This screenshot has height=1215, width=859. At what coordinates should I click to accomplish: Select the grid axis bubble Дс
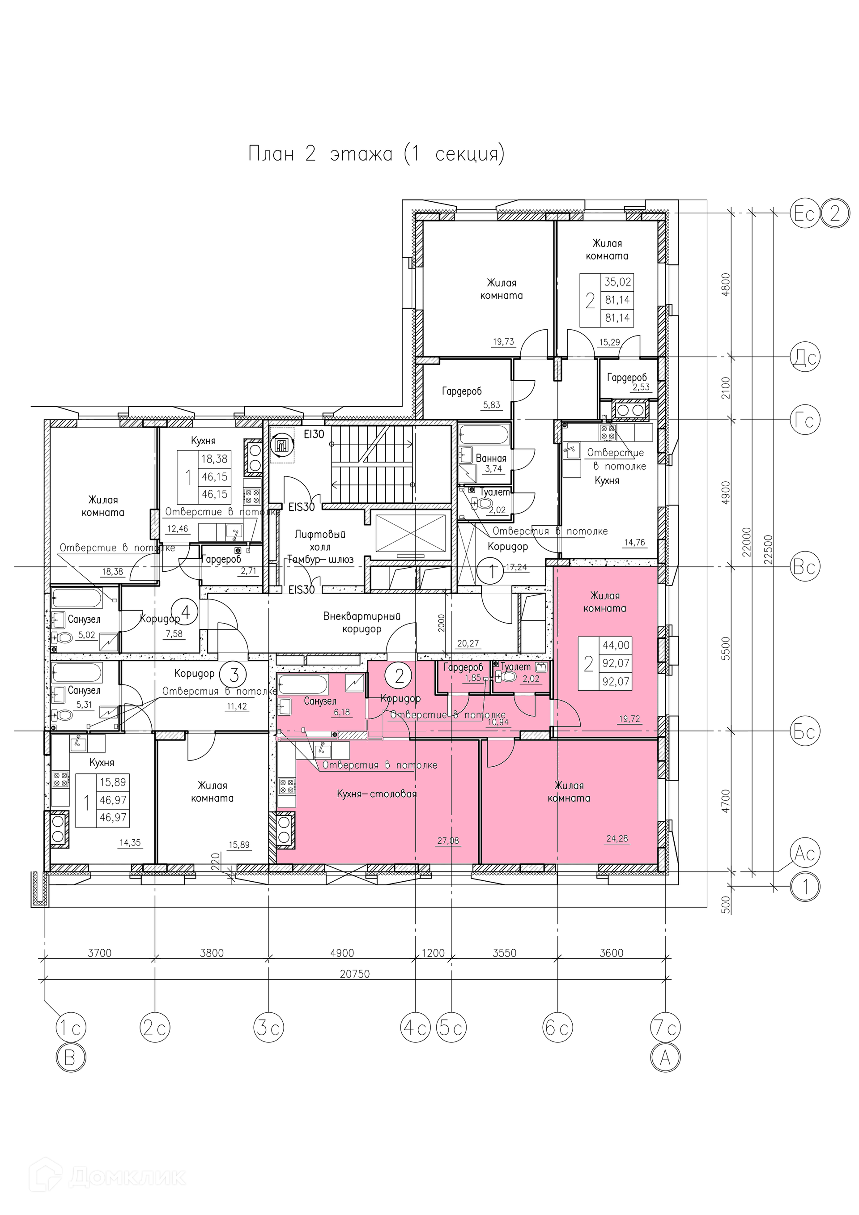click(804, 357)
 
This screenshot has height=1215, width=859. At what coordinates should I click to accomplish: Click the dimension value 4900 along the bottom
click(342, 953)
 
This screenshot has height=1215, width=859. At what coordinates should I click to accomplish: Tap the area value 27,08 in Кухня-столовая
click(448, 840)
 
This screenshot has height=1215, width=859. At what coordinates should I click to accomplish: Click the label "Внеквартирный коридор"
click(362, 622)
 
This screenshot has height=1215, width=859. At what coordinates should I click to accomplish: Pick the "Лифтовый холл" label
click(320, 540)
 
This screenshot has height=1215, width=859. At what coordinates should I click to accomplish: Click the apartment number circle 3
click(235, 675)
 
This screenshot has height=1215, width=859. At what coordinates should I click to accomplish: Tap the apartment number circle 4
click(186, 613)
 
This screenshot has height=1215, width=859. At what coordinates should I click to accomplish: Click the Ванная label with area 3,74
click(491, 458)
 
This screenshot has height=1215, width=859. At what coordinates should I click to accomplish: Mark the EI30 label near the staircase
click(313, 434)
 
